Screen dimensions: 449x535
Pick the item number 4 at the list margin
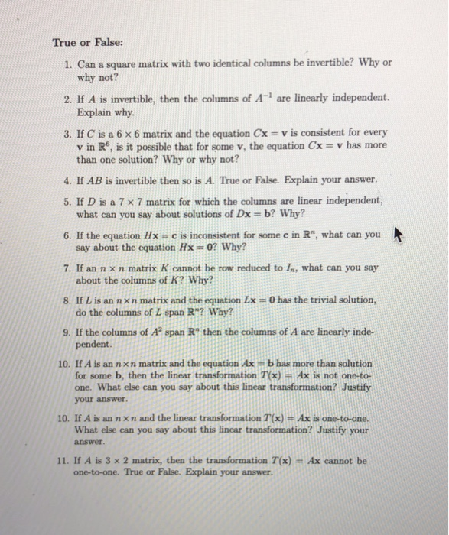pyautogui.click(x=67, y=180)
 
